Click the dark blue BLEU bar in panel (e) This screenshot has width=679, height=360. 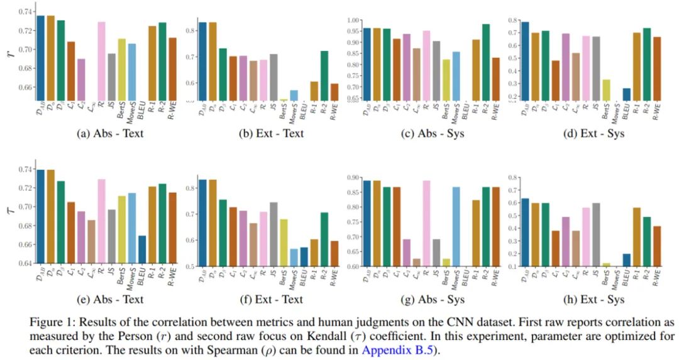point(142,249)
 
